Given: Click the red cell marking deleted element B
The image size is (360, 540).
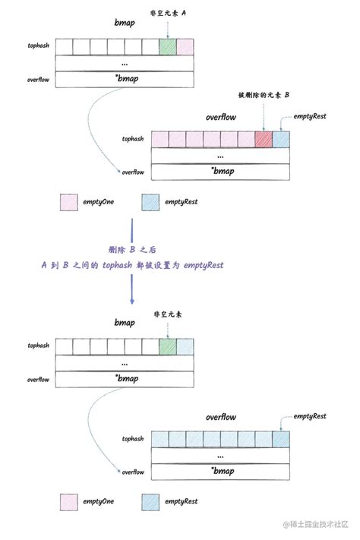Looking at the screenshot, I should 264,139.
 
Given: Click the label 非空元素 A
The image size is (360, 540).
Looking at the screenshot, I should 169,13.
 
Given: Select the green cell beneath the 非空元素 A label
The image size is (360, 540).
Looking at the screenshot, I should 168,47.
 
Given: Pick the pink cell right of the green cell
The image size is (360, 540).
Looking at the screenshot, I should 185,47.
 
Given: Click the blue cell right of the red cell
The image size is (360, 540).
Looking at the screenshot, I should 281,139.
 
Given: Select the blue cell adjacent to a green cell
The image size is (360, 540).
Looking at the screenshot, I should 185,346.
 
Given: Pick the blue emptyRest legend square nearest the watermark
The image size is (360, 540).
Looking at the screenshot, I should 150,501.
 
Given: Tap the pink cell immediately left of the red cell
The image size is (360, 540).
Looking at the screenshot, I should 246,139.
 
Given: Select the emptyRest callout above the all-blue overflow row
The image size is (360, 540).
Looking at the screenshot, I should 309,416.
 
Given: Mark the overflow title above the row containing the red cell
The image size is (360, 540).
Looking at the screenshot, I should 220,118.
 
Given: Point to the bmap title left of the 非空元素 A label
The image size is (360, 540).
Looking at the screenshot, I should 124,24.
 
